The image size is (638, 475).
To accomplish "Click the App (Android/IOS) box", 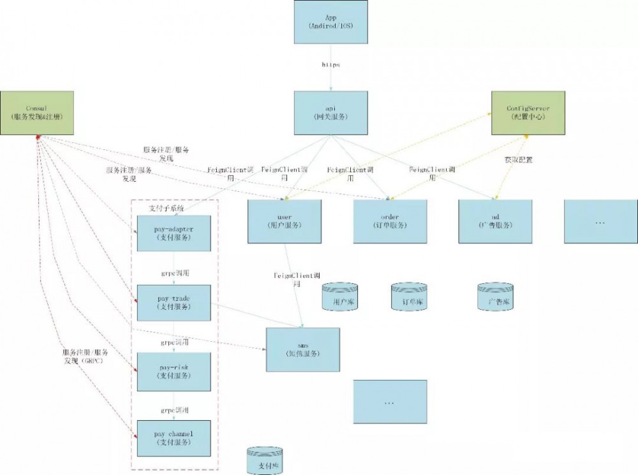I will click(x=331, y=22).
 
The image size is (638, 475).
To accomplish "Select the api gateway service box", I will click(x=331, y=113).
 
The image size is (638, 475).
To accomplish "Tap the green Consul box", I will click(x=37, y=113).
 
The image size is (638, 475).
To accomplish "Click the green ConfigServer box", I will click(x=528, y=113).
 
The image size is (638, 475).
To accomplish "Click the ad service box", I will click(x=495, y=221).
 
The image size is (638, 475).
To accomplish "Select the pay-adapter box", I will click(x=174, y=233).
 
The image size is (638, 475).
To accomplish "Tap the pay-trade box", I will click(x=174, y=303).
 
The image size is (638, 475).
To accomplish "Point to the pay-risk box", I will click(x=174, y=372).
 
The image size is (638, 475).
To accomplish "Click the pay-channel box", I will click(x=174, y=438).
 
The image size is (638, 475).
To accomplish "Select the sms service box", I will click(x=303, y=349).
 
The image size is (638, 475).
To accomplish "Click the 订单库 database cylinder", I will click(x=408, y=297).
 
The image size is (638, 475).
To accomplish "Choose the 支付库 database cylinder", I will click(x=265, y=460).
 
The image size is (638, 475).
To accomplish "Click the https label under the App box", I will click(x=330, y=65).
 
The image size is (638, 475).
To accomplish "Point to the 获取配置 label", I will click(x=518, y=160).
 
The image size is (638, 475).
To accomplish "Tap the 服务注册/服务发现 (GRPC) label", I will click(x=85, y=356).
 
